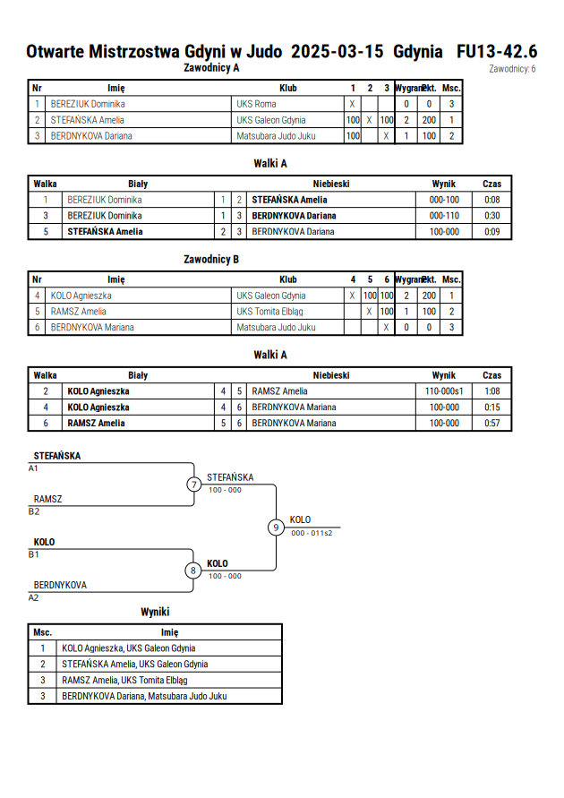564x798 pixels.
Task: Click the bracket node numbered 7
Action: (x=193, y=484)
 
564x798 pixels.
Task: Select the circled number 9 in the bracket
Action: (x=276, y=528)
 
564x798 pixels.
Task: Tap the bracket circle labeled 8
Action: (x=192, y=571)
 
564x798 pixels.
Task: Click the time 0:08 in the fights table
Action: (x=491, y=200)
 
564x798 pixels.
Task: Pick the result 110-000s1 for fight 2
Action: (x=444, y=390)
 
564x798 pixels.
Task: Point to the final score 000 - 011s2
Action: (x=312, y=533)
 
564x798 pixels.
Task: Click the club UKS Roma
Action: (x=256, y=104)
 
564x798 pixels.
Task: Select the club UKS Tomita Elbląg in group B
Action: (x=269, y=312)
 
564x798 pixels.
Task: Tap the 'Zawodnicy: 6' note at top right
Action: (x=512, y=69)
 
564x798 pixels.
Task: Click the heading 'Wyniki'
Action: (x=155, y=612)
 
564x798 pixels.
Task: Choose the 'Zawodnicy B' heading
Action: (x=211, y=259)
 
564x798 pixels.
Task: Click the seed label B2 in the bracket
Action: (x=33, y=511)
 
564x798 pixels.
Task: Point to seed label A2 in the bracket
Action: (x=33, y=597)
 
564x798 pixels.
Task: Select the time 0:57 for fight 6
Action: (x=491, y=423)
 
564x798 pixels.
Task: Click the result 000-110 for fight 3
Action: (x=444, y=215)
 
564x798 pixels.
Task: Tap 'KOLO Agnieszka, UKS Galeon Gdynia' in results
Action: (x=129, y=648)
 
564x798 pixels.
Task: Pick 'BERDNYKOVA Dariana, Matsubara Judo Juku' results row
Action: (x=144, y=696)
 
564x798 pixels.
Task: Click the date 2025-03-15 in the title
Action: (x=338, y=51)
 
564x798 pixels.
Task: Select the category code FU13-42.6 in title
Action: (x=497, y=51)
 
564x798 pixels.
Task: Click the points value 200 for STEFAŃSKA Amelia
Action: (x=429, y=120)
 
